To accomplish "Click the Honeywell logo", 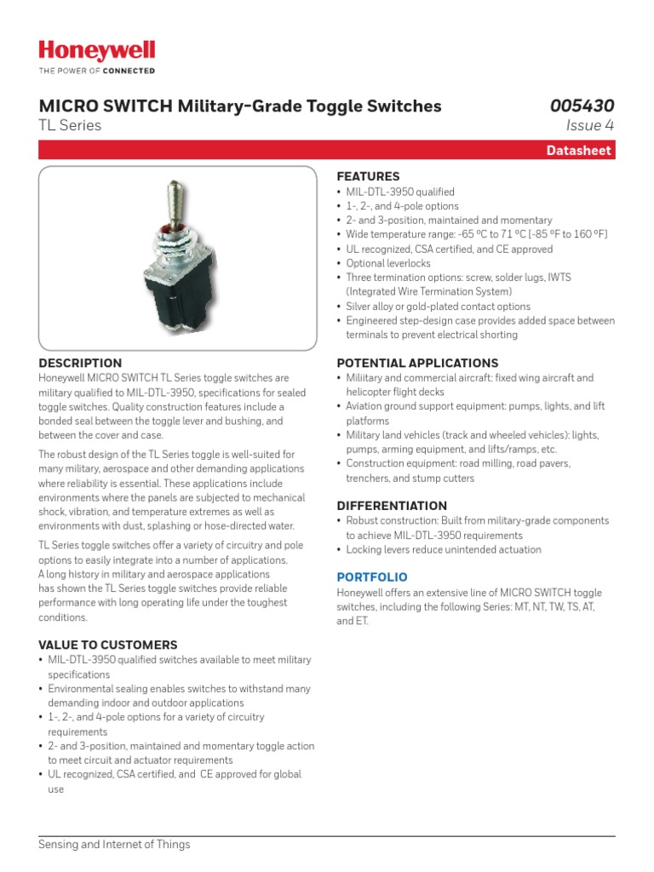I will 97,51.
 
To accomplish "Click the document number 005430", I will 582,106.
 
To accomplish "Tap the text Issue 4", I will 589,126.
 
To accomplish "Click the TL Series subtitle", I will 70,126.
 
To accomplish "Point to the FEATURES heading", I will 368,176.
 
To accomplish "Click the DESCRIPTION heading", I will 80,363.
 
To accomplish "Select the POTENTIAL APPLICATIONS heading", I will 417,363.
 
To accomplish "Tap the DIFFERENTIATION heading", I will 392,506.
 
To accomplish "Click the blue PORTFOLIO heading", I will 372,577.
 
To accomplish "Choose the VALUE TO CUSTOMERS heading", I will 108,645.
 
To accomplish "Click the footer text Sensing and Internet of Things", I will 114,845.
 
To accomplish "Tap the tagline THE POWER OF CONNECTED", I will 97,71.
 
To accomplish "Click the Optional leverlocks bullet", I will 387,264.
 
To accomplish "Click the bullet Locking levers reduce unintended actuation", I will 443,550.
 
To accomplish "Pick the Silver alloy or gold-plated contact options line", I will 438,307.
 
